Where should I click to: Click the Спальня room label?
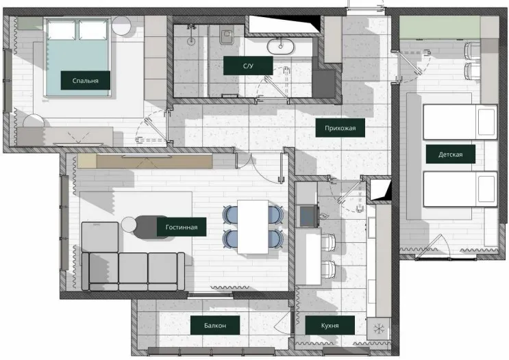(x=86, y=81)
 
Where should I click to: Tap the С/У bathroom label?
(x=248, y=66)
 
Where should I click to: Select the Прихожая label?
(x=340, y=128)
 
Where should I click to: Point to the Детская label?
(x=451, y=154)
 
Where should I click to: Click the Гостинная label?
(x=182, y=227)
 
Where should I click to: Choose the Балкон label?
(x=215, y=325)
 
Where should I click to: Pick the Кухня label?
(x=330, y=325)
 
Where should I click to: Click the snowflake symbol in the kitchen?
(x=379, y=329)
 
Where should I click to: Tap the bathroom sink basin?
(x=280, y=47)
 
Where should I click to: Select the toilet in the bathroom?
(x=227, y=36)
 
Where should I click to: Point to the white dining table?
(x=253, y=227)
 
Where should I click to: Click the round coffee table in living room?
(x=129, y=224)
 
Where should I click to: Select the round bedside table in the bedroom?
(x=121, y=26)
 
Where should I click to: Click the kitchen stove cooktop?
(x=309, y=216)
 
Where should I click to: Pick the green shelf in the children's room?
(x=440, y=28)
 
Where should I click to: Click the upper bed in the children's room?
(x=460, y=122)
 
